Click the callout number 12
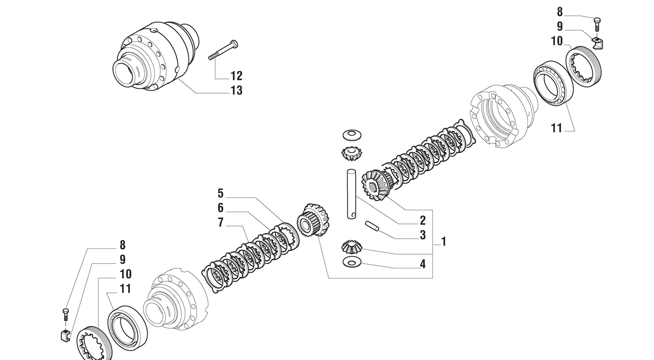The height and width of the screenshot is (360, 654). coord(237,76)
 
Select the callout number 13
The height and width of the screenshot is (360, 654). coord(237,91)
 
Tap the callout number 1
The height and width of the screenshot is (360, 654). coord(443,241)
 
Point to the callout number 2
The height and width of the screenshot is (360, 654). coord(422,220)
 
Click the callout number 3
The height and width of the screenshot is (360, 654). coord(422,235)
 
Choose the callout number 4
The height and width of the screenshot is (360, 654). coord(422,264)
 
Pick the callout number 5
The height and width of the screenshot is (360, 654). coord(221,193)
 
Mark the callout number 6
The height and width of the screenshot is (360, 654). coord(221,208)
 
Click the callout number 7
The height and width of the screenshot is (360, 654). coord(221,223)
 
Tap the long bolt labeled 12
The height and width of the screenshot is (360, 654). coord(223,50)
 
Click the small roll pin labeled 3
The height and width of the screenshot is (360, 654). coord(372,226)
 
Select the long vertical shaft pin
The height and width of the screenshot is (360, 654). coord(351,194)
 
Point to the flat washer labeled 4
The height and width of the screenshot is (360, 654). coord(352,263)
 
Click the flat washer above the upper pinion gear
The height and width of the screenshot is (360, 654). coord(352,134)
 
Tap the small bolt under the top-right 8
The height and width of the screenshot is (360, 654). coord(597,25)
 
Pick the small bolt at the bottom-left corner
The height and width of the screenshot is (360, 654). coord(65,314)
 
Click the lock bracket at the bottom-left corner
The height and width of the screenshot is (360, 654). coord(66,335)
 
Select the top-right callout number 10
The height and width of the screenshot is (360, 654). coord(557,41)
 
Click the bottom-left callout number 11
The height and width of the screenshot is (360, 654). coord(125,289)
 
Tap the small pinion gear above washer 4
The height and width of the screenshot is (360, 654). coord(352,247)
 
